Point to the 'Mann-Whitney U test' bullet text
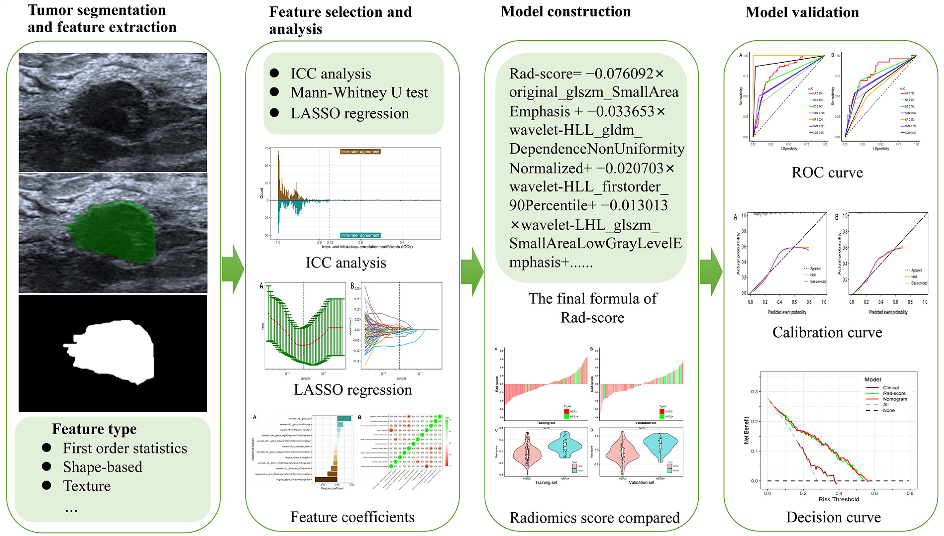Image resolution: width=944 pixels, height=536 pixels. (x=359, y=93)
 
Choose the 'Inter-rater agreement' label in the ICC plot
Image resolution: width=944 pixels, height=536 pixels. (x=360, y=151)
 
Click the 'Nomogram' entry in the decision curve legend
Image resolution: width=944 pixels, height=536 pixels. (x=895, y=399)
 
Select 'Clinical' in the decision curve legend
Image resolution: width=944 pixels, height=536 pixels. (x=891, y=388)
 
